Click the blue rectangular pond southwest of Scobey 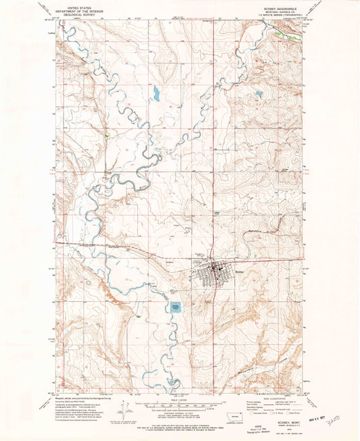pos(176,307)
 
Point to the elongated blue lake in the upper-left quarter pos(156,94)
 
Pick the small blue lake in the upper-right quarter pos(258,95)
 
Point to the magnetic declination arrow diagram pos(124,417)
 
